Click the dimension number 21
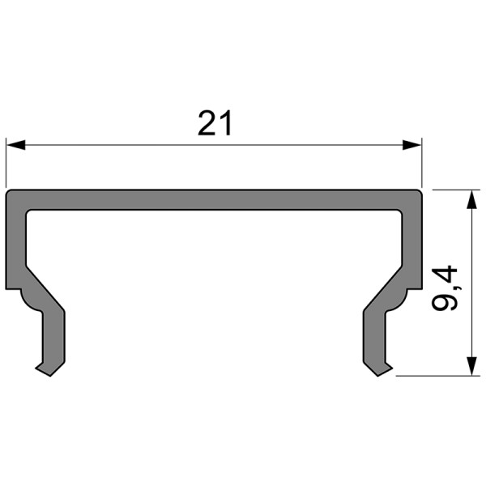click(215, 123)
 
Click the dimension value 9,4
click(445, 288)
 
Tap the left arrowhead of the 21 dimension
click(16, 146)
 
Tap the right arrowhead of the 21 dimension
click(413, 146)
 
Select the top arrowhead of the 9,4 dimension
click(470, 199)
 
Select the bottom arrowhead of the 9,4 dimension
click(470, 366)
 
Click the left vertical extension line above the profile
click(6, 162)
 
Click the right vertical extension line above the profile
click(423, 162)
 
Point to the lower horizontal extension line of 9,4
click(437, 375)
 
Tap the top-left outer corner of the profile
click(8, 192)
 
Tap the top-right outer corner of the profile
click(421, 192)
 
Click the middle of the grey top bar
click(215, 201)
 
